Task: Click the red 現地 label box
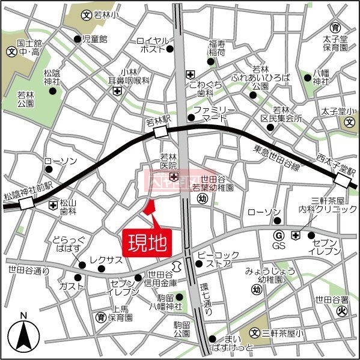tap(147, 243)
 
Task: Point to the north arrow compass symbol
tap(23, 336)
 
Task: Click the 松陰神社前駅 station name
tap(28, 186)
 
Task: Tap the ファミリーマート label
tap(215, 114)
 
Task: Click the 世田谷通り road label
tap(29, 271)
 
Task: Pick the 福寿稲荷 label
tap(216, 48)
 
